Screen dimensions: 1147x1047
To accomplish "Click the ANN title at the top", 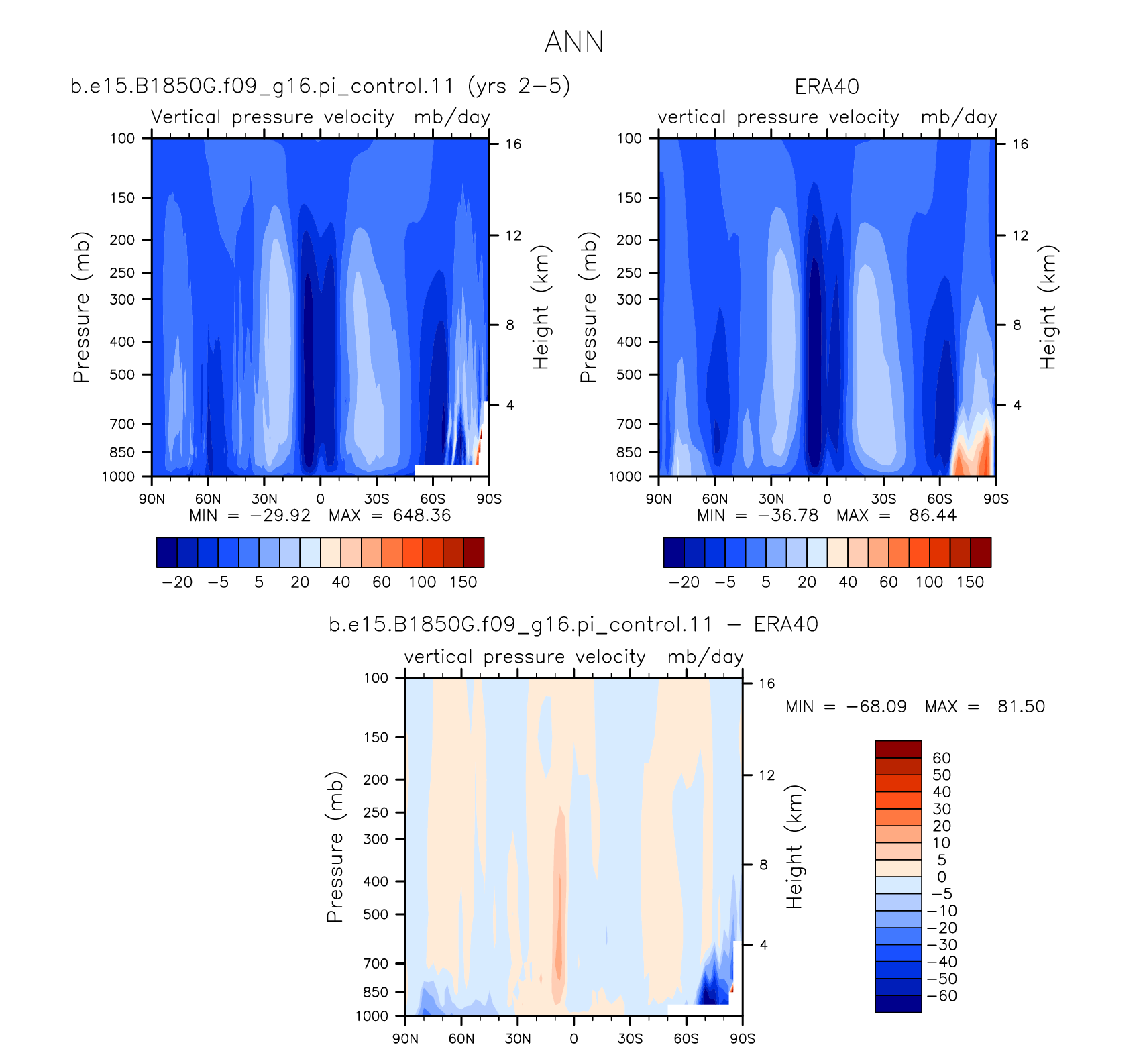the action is point(574,42).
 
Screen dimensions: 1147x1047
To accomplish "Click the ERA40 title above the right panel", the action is point(826,87).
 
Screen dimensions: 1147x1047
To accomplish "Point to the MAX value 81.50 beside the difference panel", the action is point(1021,706).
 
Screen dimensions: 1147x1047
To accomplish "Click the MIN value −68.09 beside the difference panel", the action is point(876,706).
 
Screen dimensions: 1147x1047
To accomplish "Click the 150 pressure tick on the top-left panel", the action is point(122,198).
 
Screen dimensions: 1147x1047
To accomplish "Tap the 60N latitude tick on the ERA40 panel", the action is point(715,499).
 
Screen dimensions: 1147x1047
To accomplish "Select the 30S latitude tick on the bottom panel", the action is point(630,1038).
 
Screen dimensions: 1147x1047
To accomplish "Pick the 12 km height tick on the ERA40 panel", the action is point(1020,235).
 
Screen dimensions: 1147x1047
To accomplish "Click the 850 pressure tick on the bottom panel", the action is point(376,992).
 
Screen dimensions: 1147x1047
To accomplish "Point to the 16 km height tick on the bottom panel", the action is point(767,683).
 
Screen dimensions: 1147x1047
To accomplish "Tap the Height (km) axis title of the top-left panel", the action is point(541,307).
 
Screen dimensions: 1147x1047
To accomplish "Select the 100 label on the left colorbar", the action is point(423,582).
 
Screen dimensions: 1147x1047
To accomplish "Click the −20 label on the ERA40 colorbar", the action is point(684,582).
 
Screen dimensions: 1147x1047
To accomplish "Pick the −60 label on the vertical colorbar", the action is point(942,996).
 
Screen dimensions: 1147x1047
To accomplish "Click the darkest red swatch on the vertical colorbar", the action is point(898,749).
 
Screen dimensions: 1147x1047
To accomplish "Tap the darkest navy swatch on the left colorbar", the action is point(167,553).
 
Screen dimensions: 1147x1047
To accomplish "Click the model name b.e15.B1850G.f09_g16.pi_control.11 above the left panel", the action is point(262,87).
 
